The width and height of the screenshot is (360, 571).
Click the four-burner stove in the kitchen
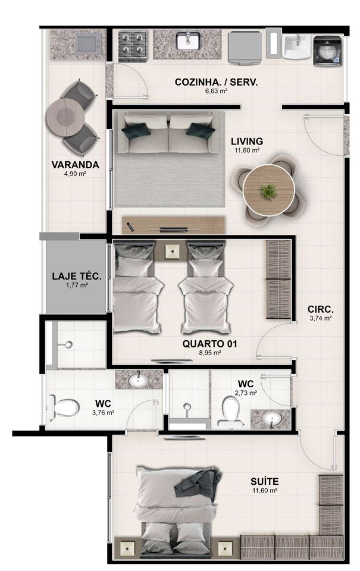click(x=133, y=46)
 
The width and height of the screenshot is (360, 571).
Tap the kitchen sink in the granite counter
click(x=188, y=41)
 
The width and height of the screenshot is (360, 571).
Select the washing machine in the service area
click(x=327, y=50)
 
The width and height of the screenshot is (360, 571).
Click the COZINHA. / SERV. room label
click(x=216, y=82)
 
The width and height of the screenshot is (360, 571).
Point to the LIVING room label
click(x=247, y=141)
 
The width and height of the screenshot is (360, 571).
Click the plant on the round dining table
click(x=268, y=191)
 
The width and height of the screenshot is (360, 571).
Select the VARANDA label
click(x=75, y=165)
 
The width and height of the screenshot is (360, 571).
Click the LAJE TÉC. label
click(x=77, y=276)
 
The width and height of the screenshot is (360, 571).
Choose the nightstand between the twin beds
click(x=171, y=251)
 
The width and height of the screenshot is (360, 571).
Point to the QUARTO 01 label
click(x=210, y=343)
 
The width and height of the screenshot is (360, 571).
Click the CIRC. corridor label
click(x=321, y=309)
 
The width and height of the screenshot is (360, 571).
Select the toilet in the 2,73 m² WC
click(x=231, y=412)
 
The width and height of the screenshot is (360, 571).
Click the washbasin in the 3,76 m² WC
click(x=138, y=381)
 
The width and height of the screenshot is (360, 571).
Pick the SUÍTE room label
click(x=265, y=481)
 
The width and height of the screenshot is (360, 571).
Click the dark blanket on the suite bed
click(x=198, y=482)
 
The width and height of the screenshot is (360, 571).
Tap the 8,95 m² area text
click(x=210, y=353)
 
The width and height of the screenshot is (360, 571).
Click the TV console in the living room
click(x=173, y=225)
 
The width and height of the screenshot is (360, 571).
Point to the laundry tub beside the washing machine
click(x=297, y=46)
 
